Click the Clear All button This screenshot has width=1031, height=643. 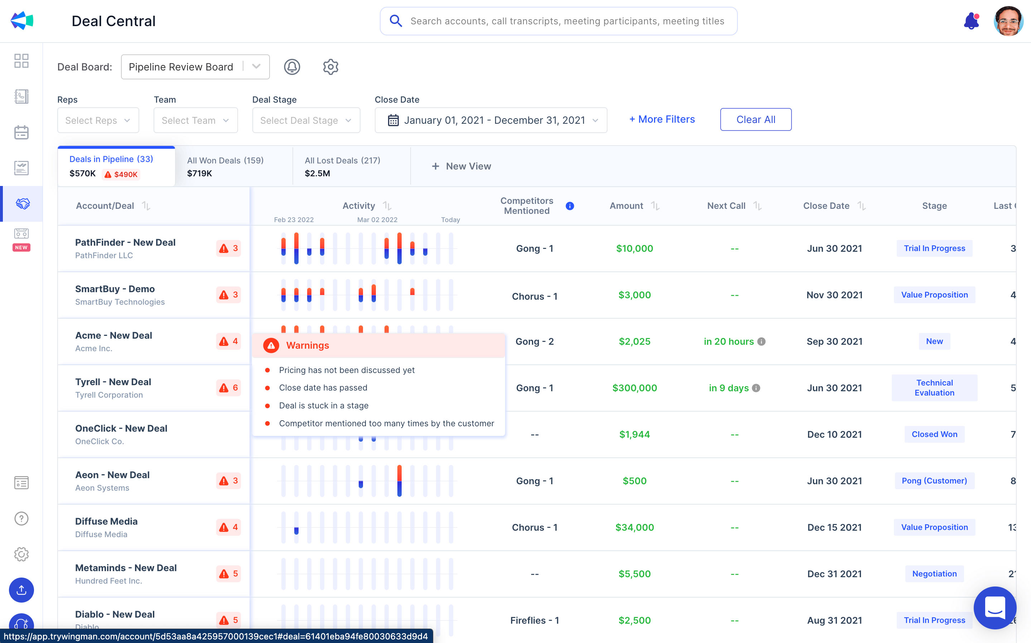[x=756, y=119]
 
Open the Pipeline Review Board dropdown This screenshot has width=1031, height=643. [x=195, y=67]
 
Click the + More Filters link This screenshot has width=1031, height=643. [x=662, y=119]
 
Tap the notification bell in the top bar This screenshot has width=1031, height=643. [x=971, y=21]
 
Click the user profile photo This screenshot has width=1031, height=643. [x=1008, y=21]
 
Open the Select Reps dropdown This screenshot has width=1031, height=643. [x=98, y=121]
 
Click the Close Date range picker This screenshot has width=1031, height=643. [x=490, y=121]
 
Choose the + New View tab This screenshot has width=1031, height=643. [x=461, y=166]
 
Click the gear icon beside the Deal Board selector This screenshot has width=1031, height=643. [x=330, y=67]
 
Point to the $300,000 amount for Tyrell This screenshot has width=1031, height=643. [x=634, y=388]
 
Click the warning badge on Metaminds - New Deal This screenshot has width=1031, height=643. [x=229, y=574]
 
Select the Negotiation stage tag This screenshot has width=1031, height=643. [x=934, y=574]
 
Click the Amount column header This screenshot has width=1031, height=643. [x=626, y=206]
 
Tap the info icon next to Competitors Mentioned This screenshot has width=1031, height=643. [x=570, y=206]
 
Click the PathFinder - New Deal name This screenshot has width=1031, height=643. [x=125, y=242]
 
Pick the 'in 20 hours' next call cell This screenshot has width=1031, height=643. [x=729, y=342]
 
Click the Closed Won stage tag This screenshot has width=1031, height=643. [x=934, y=434]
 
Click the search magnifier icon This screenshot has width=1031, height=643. [x=396, y=21]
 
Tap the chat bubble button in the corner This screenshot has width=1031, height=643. [x=995, y=607]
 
